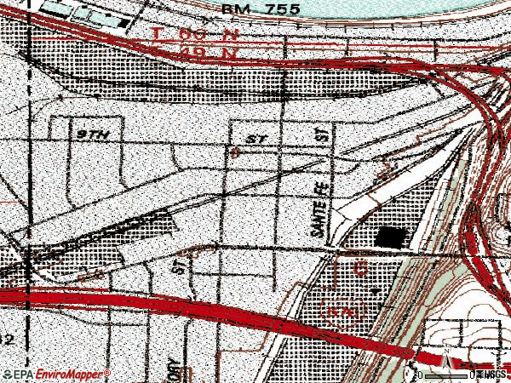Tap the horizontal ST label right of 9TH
(x=254, y=138)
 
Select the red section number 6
(x=361, y=269)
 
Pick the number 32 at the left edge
(x=6, y=338)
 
